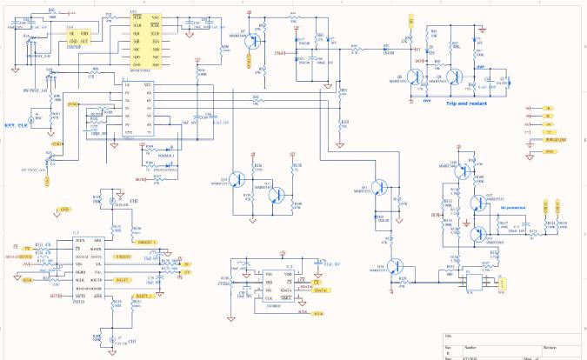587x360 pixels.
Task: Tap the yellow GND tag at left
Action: pyautogui.click(x=63, y=210)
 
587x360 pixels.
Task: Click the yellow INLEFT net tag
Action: pyautogui.click(x=123, y=278)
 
